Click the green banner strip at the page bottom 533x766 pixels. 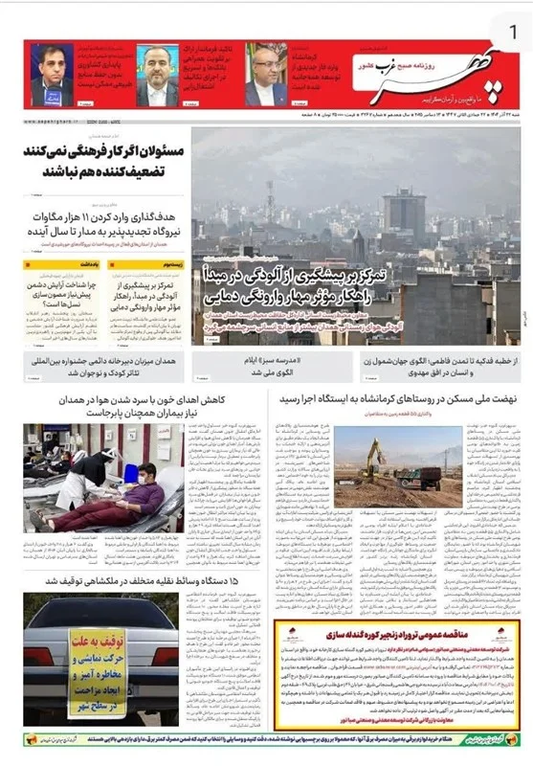pos(266,739)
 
